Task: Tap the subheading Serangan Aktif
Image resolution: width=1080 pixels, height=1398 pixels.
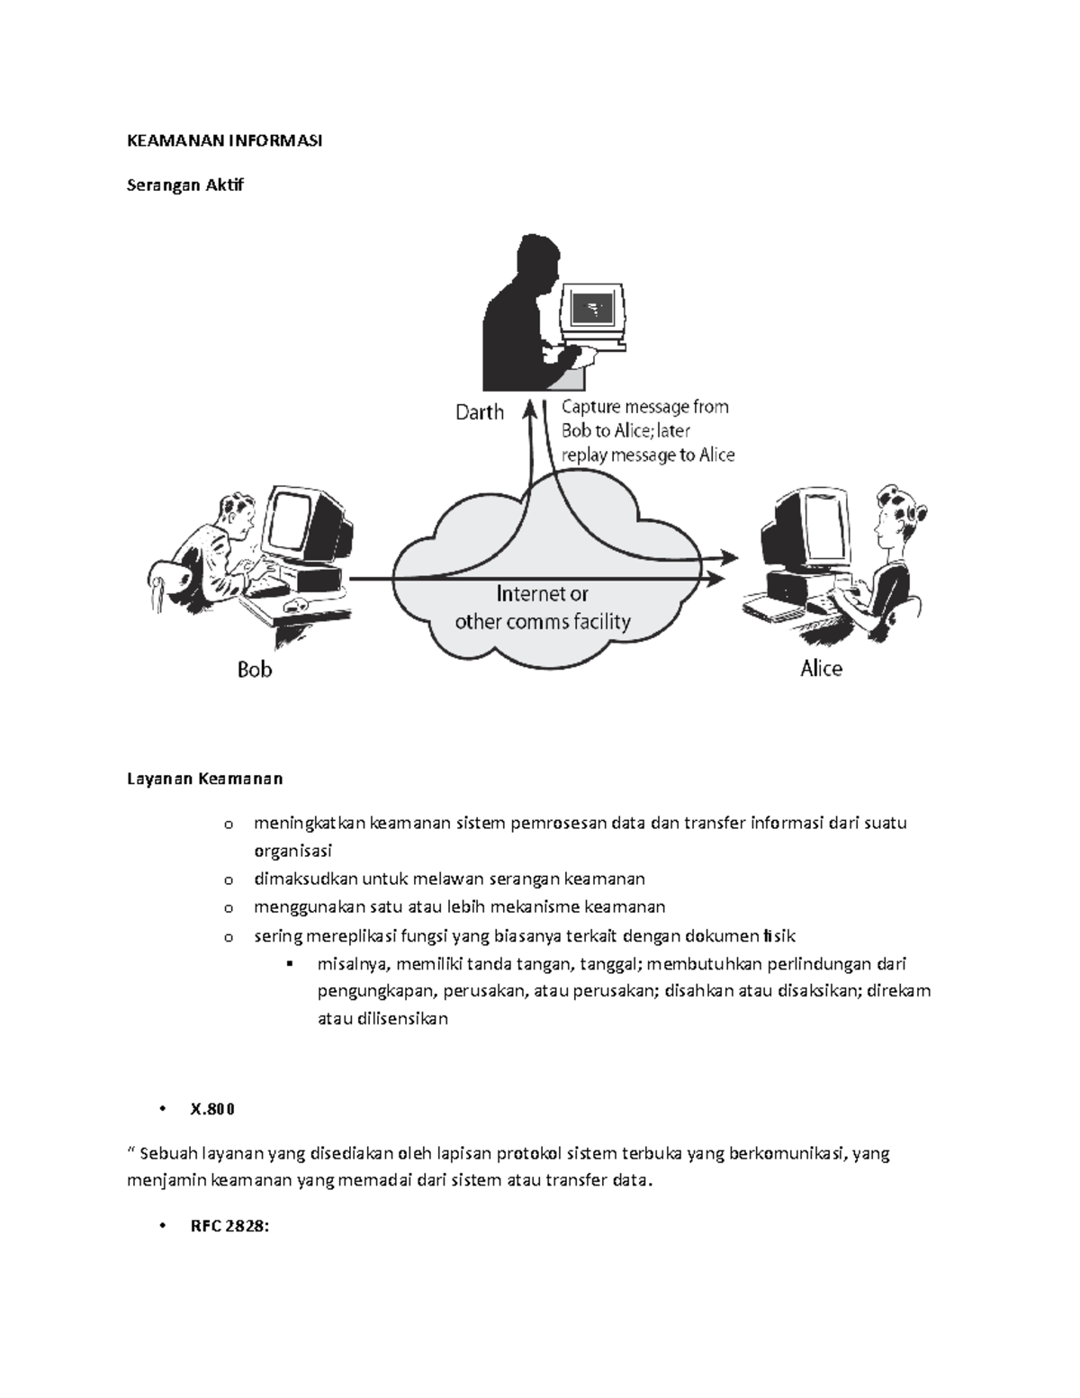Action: [184, 185]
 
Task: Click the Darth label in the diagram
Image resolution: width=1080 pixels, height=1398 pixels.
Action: [480, 412]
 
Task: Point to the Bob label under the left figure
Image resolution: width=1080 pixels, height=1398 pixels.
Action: [255, 670]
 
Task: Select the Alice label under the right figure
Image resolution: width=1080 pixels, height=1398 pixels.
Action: [821, 669]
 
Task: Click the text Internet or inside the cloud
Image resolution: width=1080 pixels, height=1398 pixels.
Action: [543, 594]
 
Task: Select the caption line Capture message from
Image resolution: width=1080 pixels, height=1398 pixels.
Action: [644, 407]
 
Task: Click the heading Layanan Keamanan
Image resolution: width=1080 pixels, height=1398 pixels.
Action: [204, 779]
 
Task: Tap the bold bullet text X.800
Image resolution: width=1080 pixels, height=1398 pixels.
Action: [211, 1109]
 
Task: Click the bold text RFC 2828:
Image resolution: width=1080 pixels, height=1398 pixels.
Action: [229, 1225]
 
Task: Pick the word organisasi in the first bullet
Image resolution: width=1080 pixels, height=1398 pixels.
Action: [292, 851]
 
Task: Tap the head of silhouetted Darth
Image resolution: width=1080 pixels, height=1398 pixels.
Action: [537, 262]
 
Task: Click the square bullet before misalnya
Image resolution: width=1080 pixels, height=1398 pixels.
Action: [289, 964]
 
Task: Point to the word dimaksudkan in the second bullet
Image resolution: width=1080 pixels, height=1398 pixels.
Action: [305, 879]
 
